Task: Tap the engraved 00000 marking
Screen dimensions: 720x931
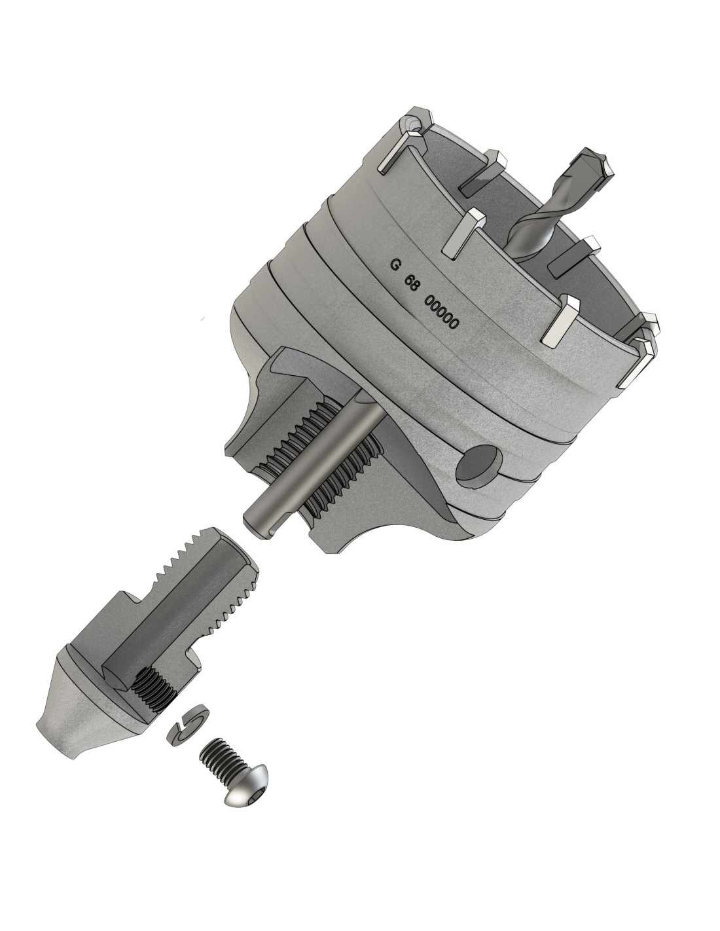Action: point(441,313)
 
